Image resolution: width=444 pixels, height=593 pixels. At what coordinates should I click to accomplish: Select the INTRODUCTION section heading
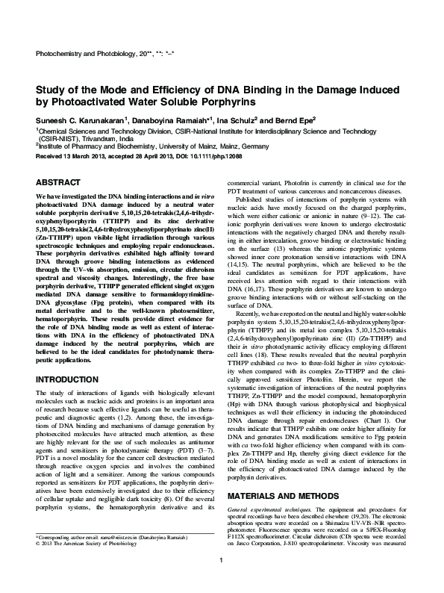pos(70,380)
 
